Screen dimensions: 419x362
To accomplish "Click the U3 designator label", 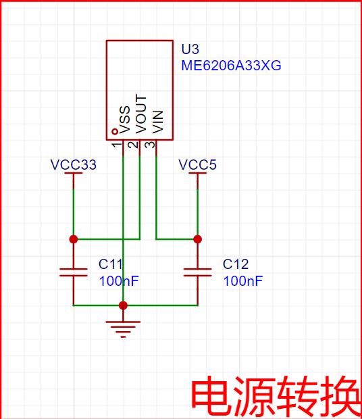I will (x=190, y=50).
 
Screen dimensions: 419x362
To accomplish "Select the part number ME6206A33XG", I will (x=231, y=66).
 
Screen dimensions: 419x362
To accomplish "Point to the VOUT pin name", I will (x=140, y=113).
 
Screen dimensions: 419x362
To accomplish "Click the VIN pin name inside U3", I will (x=157, y=120).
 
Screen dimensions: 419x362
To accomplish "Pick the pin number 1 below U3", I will (x=117, y=145).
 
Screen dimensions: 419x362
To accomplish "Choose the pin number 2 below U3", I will (x=134, y=145).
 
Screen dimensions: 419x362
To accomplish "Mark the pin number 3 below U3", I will (x=150, y=145).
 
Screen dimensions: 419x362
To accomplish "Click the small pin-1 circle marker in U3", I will (x=115, y=132).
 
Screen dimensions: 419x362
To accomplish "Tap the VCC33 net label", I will (x=74, y=165).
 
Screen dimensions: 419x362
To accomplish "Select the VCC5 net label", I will (x=198, y=165).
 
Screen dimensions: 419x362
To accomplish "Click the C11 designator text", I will (x=111, y=264).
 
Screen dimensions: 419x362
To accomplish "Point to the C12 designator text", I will (x=236, y=264).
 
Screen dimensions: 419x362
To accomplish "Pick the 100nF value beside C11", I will (x=119, y=280).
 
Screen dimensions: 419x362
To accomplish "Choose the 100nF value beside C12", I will (x=243, y=280).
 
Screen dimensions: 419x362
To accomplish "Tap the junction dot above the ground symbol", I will (x=123, y=305).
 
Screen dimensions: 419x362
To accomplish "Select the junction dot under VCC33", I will (x=74, y=239).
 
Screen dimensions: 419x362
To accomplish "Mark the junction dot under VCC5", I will (x=198, y=239).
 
